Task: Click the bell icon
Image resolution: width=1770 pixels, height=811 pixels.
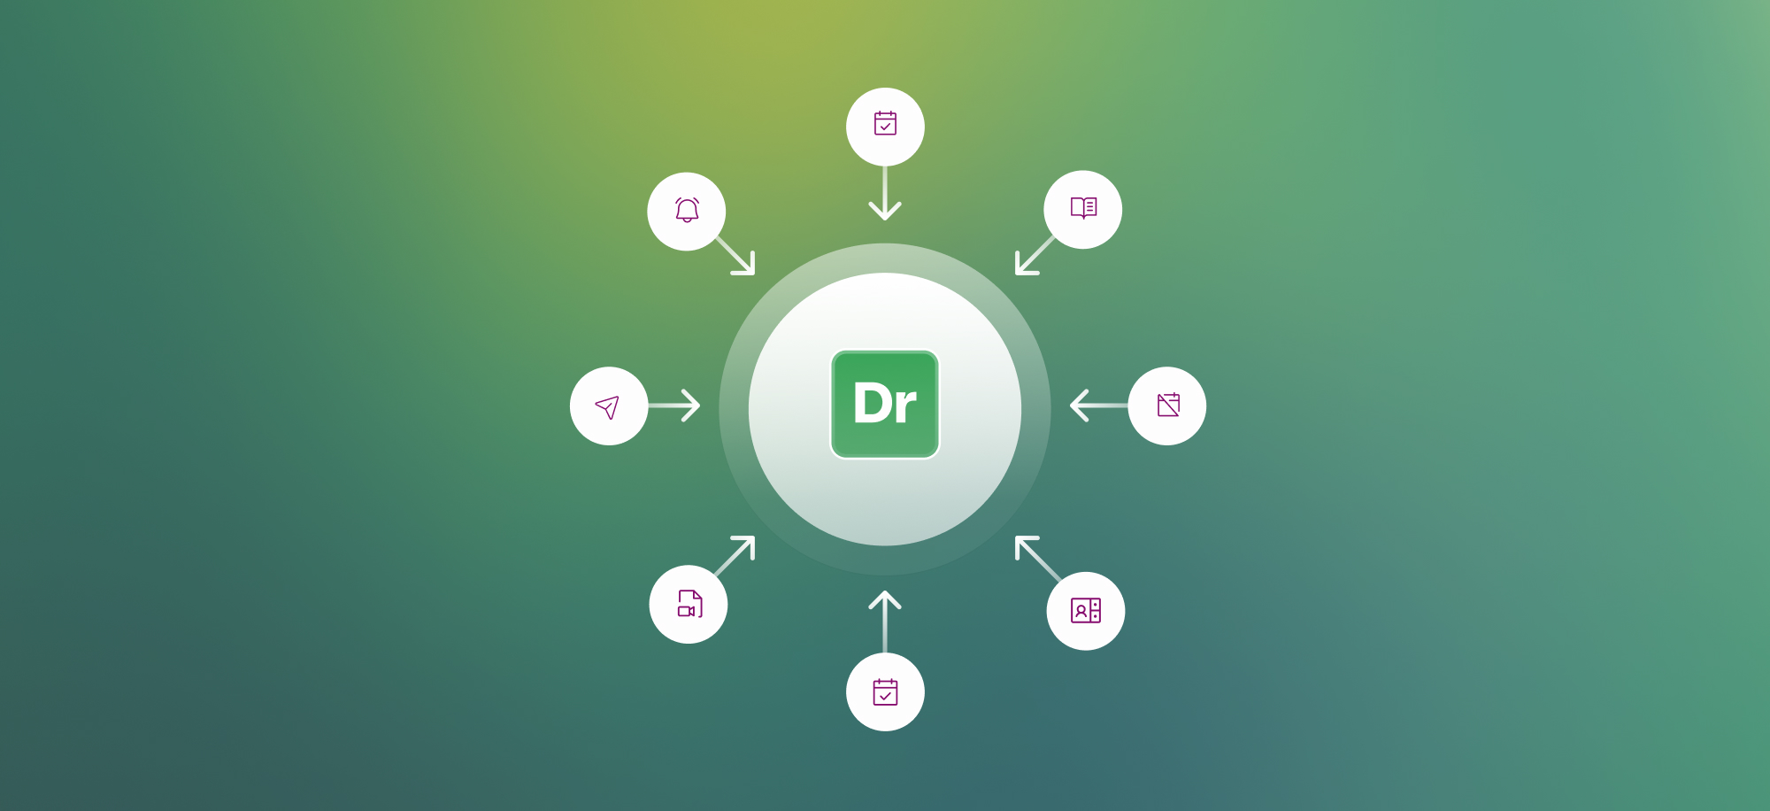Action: pyautogui.click(x=687, y=211)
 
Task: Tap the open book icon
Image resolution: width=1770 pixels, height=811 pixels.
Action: pyautogui.click(x=1083, y=208)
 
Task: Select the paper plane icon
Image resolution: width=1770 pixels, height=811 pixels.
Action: pyautogui.click(x=608, y=406)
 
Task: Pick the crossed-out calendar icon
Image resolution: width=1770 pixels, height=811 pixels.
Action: pyautogui.click(x=1168, y=405)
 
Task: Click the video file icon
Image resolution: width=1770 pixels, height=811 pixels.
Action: pyautogui.click(x=689, y=604)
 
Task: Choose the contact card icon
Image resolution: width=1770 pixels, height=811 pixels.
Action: pyautogui.click(x=1085, y=611)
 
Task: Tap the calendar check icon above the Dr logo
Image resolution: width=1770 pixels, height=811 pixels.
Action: pyautogui.click(x=885, y=124)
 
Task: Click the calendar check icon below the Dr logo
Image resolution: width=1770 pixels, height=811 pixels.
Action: pyautogui.click(x=885, y=692)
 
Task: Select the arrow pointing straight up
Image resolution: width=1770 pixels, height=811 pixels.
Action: pyautogui.click(x=885, y=620)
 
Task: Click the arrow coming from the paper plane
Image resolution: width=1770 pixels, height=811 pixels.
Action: pyautogui.click(x=676, y=406)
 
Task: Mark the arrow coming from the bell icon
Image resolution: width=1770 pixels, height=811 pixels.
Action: pyautogui.click(x=737, y=257)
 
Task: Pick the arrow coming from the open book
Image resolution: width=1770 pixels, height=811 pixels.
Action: pyautogui.click(x=1033, y=257)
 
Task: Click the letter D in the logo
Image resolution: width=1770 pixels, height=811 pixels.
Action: pyautogui.click(x=871, y=404)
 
